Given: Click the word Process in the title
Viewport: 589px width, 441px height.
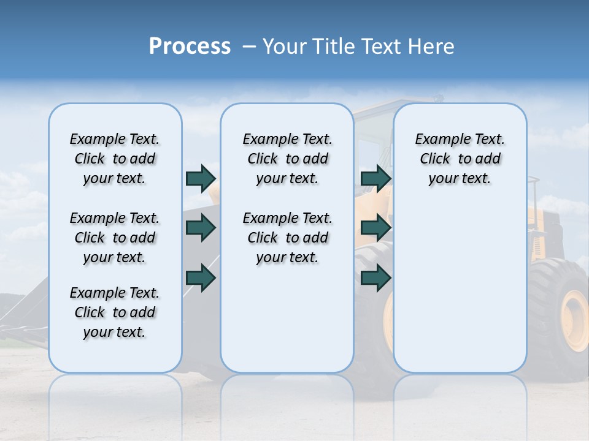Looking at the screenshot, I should (x=190, y=46).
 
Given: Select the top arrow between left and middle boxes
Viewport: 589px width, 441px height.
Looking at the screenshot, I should (x=201, y=178).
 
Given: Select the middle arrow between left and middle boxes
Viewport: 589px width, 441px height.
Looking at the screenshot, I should (x=201, y=228).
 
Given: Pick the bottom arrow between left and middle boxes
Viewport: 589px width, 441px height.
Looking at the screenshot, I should (x=201, y=278).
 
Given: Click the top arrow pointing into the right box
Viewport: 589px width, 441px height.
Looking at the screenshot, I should (x=375, y=178).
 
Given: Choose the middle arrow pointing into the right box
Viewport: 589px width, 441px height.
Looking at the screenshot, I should (x=375, y=228).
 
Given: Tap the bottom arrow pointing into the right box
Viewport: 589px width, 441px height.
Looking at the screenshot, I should (x=375, y=278).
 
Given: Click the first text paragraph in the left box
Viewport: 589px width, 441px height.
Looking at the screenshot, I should (x=115, y=159).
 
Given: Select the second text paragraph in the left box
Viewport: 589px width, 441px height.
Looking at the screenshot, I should (x=115, y=238).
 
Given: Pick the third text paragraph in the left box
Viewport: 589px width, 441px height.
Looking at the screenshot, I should (x=115, y=312).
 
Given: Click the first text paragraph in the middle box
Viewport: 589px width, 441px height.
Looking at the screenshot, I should (x=287, y=159).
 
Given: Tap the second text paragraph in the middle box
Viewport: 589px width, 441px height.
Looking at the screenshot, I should (x=287, y=238).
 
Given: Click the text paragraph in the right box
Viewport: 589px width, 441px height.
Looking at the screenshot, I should (x=460, y=159).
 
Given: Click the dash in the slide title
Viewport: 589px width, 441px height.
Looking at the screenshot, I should (x=249, y=47).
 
